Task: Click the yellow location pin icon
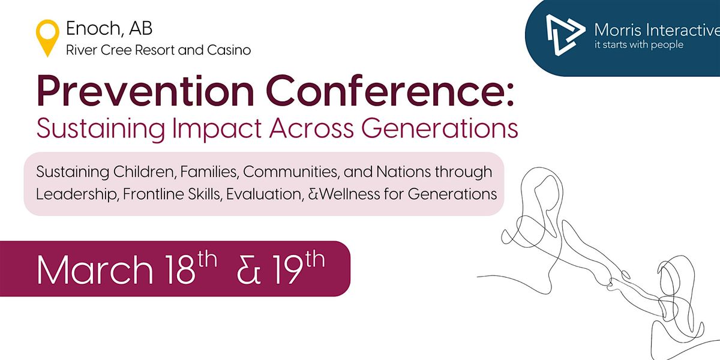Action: (47, 37)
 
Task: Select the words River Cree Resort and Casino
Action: (158, 50)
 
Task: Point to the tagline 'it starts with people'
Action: (638, 45)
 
